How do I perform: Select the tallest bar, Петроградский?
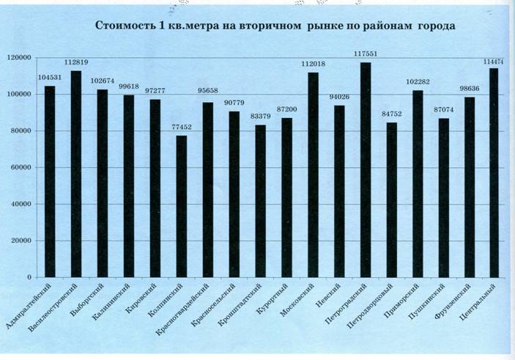click(366, 169)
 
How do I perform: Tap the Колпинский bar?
click(181, 206)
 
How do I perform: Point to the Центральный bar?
click(493, 172)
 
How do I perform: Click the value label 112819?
click(76, 62)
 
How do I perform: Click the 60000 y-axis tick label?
click(20, 167)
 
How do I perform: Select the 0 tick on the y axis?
click(29, 277)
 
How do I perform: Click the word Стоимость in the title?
click(125, 26)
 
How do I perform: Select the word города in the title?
click(437, 26)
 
